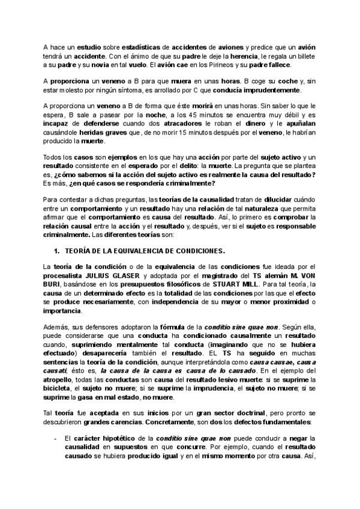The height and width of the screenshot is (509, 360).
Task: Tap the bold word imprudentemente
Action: pos(271,91)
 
